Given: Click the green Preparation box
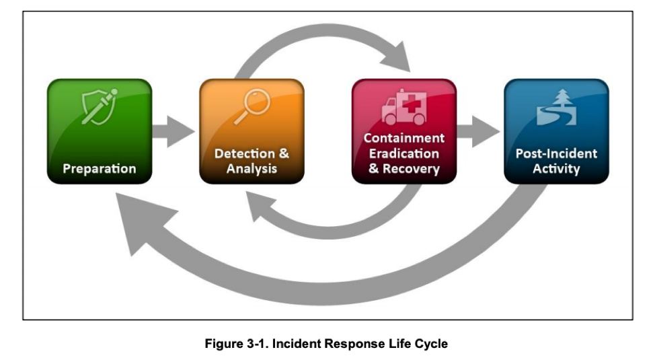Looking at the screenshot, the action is pyautogui.click(x=100, y=131).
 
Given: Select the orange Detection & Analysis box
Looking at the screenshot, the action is pyautogui.click(x=252, y=131).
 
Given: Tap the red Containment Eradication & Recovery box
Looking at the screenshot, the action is pyautogui.click(x=404, y=131).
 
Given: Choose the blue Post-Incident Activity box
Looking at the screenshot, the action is pyautogui.click(x=556, y=131).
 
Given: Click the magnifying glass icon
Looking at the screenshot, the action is pyautogui.click(x=252, y=106).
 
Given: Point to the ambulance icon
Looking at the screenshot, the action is pyautogui.click(x=404, y=107).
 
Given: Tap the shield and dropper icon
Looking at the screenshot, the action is pyautogui.click(x=100, y=106).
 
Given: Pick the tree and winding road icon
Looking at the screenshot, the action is pyautogui.click(x=556, y=107).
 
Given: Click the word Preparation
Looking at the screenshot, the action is pyautogui.click(x=100, y=168).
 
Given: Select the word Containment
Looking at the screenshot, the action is pyautogui.click(x=404, y=138).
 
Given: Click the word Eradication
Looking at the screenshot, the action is pyautogui.click(x=404, y=153).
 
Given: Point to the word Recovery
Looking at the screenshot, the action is pyautogui.click(x=411, y=168).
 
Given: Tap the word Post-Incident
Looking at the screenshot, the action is pyautogui.click(x=556, y=153).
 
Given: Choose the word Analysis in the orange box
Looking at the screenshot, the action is pyautogui.click(x=252, y=168).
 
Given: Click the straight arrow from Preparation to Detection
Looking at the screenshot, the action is pyautogui.click(x=174, y=131).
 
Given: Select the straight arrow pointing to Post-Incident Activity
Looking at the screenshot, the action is pyautogui.click(x=478, y=131).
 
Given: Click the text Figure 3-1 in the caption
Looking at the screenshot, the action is pyautogui.click(x=237, y=344).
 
